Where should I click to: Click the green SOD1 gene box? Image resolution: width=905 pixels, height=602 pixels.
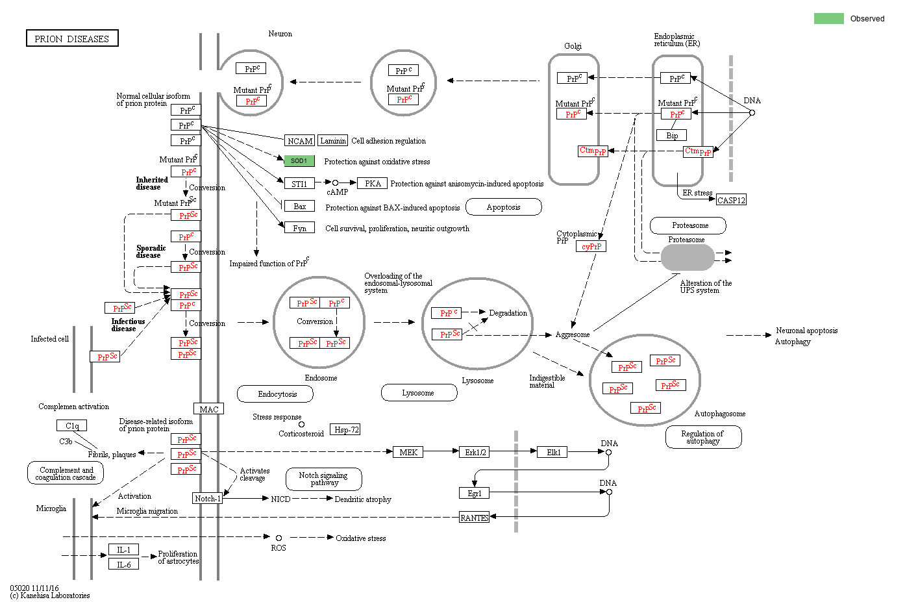tap(299, 160)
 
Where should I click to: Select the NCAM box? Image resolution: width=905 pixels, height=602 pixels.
tap(300, 141)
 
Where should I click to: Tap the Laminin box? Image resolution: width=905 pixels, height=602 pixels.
tap(333, 140)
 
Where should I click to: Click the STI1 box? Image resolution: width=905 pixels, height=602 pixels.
tap(299, 184)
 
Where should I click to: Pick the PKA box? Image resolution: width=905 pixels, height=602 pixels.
tap(373, 183)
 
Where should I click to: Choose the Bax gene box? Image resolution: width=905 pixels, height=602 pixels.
tap(299, 206)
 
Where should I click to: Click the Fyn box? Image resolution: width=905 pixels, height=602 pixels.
tap(299, 228)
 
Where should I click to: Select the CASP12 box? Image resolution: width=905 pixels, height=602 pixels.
tap(731, 200)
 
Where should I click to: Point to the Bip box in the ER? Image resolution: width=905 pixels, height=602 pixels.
tap(672, 135)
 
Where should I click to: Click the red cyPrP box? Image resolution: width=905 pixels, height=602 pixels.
tap(591, 246)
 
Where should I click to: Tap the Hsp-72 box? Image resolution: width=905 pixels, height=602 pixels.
tap(345, 429)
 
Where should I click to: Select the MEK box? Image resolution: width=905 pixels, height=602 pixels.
tap(408, 452)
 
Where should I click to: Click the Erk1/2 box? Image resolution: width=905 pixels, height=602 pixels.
tap(476, 452)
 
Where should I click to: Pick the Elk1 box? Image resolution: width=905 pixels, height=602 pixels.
tap(553, 452)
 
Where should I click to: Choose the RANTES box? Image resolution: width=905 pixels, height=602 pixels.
tap(475, 518)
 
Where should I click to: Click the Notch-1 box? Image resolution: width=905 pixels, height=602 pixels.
tap(208, 498)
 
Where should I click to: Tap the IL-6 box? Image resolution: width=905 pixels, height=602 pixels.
tap(123, 564)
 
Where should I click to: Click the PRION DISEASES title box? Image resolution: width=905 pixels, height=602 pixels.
tap(72, 38)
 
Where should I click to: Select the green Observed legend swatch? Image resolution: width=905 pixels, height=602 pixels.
tap(828, 18)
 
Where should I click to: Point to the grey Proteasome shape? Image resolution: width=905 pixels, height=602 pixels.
tap(688, 258)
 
